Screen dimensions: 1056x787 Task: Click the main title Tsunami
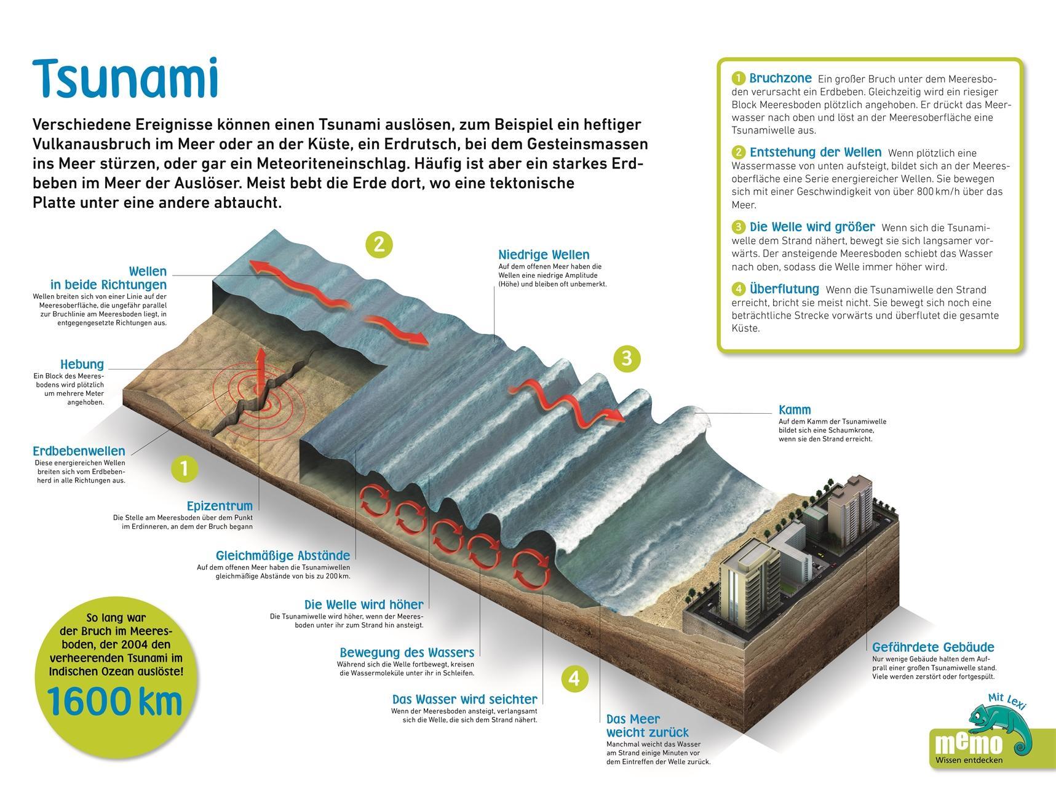[x=125, y=79]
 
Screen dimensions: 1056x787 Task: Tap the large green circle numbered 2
[x=379, y=244]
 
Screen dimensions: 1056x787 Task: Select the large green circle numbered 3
[x=627, y=358]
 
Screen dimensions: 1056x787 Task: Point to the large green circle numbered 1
[x=185, y=469]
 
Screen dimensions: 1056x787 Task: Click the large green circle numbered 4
[x=574, y=678]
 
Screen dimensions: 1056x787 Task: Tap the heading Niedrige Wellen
[x=544, y=255]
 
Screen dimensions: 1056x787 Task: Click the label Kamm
[x=795, y=409]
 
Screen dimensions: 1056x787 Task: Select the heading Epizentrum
[x=220, y=506]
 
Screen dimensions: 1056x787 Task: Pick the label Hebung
[x=82, y=364]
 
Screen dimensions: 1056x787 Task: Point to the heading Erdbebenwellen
[x=79, y=451]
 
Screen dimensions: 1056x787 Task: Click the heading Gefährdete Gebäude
[x=933, y=647]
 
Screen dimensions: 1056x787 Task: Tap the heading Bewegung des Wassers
[x=407, y=652]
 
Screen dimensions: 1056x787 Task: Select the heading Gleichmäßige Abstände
[x=283, y=556]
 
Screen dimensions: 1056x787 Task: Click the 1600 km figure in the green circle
[x=115, y=702]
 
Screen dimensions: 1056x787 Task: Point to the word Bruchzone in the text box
[x=780, y=79]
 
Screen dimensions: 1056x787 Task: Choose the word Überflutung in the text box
[x=784, y=289]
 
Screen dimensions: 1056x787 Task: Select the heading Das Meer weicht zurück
[x=647, y=726]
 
